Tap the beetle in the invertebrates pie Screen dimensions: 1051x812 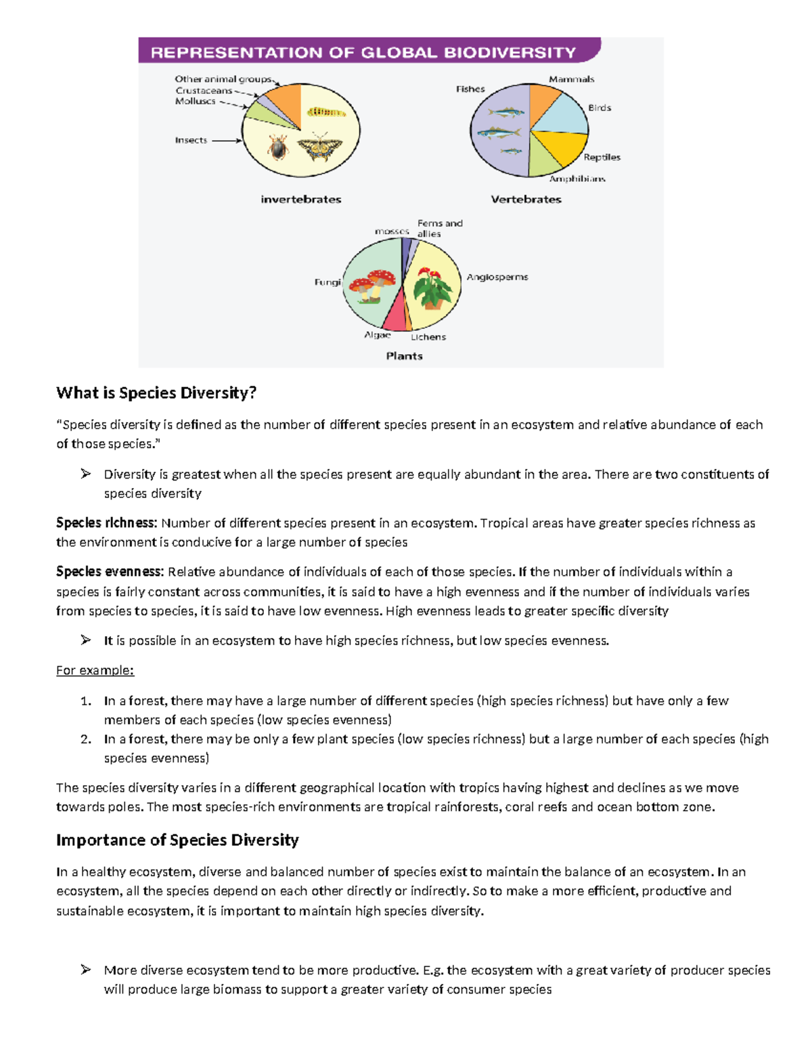coord(277,147)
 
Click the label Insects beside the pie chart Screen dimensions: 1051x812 coord(191,140)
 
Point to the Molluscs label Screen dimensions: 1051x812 coord(195,102)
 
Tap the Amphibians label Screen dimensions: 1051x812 coord(577,179)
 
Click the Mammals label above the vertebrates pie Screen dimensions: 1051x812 coord(571,79)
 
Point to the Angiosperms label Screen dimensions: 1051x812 coord(497,277)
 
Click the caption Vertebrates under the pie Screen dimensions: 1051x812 coord(526,199)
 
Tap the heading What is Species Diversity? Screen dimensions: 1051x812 coord(156,393)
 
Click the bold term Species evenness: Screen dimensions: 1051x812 coord(110,572)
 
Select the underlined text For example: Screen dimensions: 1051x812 coord(95,670)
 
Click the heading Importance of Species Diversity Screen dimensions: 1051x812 coord(177,840)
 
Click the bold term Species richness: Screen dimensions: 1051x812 coord(106,523)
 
